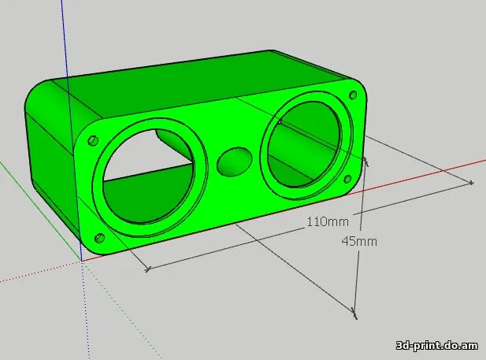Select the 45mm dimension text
(x=359, y=241)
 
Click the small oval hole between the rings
(x=233, y=161)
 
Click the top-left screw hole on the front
(x=92, y=139)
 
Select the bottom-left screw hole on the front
(x=99, y=238)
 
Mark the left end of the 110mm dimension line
(x=147, y=269)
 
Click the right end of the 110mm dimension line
(x=471, y=183)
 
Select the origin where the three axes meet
(x=81, y=261)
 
